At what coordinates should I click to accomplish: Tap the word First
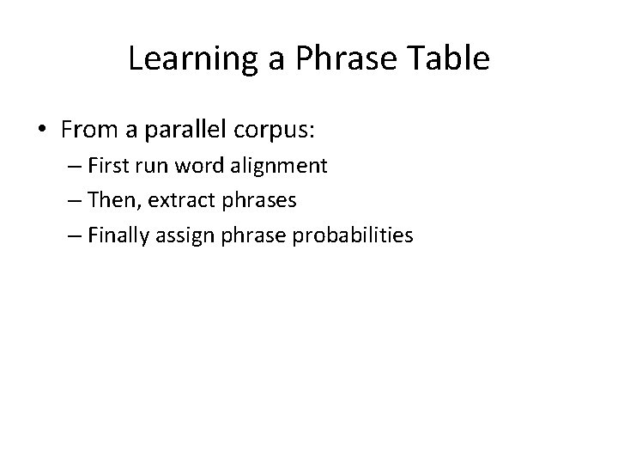click(x=111, y=166)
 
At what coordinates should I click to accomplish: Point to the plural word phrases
click(x=257, y=201)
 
